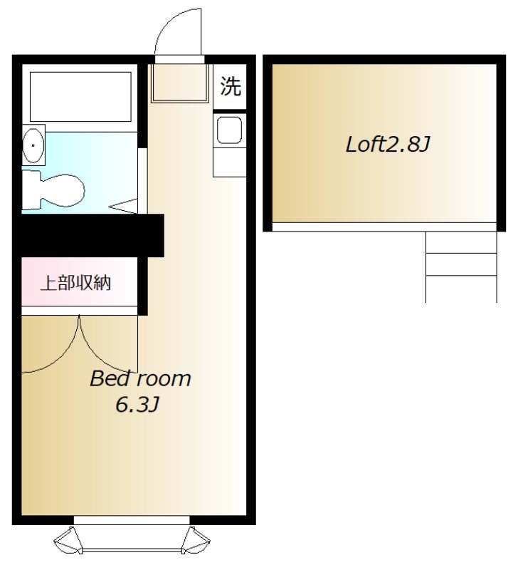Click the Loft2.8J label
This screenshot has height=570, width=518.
click(388, 145)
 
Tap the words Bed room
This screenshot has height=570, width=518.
click(140, 378)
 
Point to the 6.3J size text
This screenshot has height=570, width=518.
click(137, 404)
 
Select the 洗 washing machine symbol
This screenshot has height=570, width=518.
click(230, 86)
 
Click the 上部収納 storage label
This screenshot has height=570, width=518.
click(75, 283)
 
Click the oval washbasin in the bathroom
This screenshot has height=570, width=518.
click(33, 145)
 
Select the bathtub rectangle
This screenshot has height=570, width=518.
click(80, 97)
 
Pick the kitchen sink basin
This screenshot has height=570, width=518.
click(229, 130)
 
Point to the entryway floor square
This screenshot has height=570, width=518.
click(180, 83)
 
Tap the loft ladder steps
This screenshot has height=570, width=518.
click(461, 266)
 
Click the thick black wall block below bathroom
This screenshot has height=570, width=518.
click(88, 236)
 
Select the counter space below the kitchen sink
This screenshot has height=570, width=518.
click(229, 162)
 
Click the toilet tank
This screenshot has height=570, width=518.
click(31, 190)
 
